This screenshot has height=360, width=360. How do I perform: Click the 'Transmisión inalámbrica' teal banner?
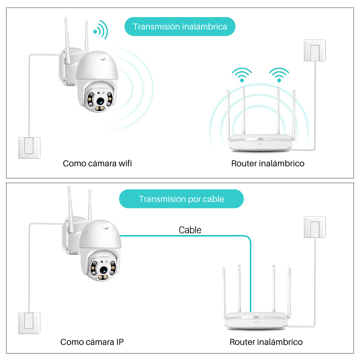(180, 27)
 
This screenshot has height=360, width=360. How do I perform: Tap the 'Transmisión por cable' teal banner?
(181, 199)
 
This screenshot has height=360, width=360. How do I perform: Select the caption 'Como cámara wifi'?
(97, 163)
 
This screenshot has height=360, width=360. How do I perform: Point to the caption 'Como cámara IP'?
(92, 342)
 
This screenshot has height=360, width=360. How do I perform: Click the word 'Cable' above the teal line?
(190, 230)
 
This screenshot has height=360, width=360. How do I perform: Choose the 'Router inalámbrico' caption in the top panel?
(267, 163)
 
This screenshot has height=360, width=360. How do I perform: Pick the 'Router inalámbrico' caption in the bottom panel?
(266, 342)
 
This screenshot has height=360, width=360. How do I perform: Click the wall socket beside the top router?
(315, 51)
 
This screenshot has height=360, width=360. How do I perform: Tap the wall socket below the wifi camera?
(29, 148)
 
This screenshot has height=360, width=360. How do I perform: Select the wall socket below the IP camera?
(29, 323)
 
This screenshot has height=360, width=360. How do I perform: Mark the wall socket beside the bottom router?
(315, 227)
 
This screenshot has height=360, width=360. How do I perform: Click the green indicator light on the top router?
(260, 139)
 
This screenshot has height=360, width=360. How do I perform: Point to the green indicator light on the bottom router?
(256, 318)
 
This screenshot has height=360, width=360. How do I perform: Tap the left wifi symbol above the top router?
(242, 75)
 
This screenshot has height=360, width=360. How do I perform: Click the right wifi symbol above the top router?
(279, 75)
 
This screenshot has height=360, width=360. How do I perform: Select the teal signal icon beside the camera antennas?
(101, 30)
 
